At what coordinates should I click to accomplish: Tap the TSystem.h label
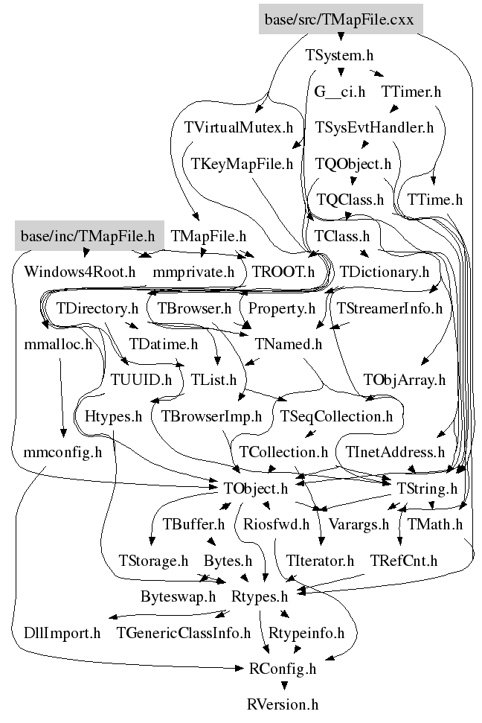click(339, 55)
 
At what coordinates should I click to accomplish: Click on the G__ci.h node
click(340, 92)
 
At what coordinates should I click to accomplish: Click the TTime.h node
click(435, 200)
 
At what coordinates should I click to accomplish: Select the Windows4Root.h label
click(80, 271)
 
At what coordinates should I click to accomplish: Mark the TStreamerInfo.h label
click(389, 308)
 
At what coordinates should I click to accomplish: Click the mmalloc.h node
click(58, 344)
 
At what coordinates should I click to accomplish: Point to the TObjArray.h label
click(405, 380)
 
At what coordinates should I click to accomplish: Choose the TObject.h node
click(254, 488)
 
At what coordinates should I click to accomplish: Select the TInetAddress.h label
click(395, 452)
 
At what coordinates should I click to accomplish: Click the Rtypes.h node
click(259, 596)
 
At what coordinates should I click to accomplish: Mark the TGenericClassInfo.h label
click(184, 634)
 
